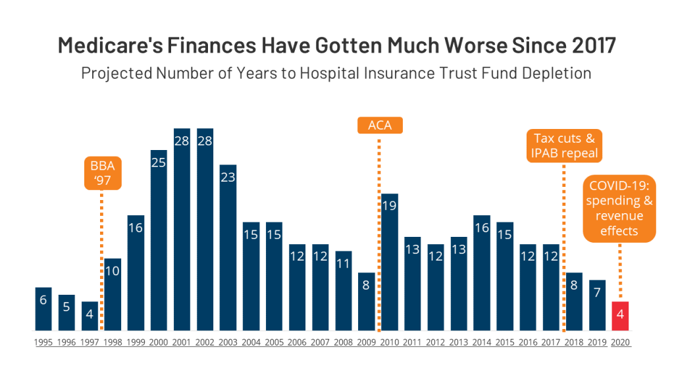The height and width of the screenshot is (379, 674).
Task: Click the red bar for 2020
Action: point(620,316)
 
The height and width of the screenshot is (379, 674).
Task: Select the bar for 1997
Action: point(90,316)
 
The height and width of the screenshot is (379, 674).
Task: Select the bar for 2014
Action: point(482,272)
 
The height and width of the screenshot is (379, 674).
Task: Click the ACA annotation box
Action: point(380,125)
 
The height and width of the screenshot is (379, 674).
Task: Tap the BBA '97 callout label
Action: point(103,172)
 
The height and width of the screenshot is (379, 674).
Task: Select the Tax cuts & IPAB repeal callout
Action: point(564,146)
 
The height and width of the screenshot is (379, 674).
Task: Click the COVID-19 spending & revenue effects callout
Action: point(619,209)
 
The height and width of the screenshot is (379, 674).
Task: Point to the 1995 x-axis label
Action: point(43,342)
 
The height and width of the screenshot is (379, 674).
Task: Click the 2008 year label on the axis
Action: point(344,342)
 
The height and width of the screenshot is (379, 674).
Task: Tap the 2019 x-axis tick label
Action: point(597,342)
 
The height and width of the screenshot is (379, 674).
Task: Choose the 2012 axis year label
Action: point(436,342)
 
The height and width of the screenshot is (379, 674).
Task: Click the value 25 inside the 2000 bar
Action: point(159,162)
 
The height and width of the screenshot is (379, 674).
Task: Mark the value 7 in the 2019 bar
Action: point(597,292)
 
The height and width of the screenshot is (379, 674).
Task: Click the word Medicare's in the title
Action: point(99,45)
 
